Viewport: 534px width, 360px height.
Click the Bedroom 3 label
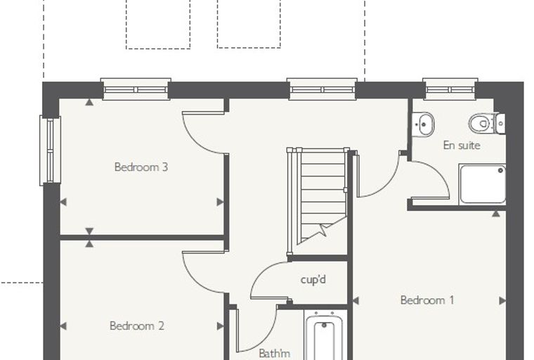coord(141,167)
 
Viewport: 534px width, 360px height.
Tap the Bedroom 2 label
coord(137,326)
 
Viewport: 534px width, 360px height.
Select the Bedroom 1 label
coord(427,300)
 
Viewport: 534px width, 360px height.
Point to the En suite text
coord(462,146)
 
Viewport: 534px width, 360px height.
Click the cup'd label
coord(313,280)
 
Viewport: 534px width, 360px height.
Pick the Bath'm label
coord(275,353)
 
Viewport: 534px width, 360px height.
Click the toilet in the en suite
coord(486,124)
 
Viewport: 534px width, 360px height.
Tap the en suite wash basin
coord(423,124)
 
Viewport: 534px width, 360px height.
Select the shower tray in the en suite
coord(482,184)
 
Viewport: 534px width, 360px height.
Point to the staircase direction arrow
coord(322,229)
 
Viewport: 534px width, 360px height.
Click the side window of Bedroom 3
coord(50,150)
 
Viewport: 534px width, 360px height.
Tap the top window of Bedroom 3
coord(136,89)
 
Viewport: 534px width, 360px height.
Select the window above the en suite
coord(450,89)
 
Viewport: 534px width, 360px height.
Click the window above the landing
coord(322,89)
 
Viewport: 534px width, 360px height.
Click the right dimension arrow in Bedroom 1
coord(502,301)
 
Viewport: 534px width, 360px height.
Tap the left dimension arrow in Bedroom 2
coord(63,326)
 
